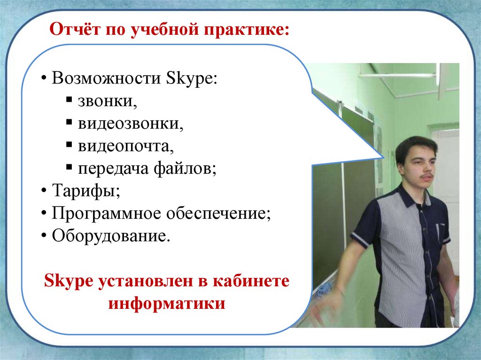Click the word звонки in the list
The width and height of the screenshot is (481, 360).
tap(107, 101)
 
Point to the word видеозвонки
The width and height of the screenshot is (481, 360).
tap(131, 123)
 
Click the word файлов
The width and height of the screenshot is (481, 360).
tap(185, 169)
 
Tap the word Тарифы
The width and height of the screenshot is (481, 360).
tap(86, 191)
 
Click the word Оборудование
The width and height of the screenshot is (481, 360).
tap(111, 236)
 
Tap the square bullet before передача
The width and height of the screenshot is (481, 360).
tap(69, 168)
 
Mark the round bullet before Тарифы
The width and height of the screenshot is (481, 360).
tap(44, 191)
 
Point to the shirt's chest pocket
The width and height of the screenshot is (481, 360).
tap(442, 234)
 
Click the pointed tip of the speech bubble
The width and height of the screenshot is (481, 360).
tap(384, 157)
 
